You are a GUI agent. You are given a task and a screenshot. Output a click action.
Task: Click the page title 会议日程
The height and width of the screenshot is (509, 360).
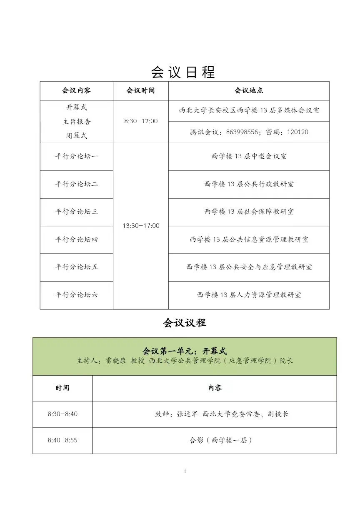coord(183,72)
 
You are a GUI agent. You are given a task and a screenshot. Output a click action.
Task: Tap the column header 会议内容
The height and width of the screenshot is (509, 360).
coord(76,90)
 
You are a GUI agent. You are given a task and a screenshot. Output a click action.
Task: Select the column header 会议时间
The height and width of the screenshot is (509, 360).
coord(141,90)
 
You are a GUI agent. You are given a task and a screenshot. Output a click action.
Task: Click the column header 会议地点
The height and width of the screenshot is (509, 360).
coord(249,90)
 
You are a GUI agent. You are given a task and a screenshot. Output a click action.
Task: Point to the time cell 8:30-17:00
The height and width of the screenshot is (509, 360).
coord(141,121)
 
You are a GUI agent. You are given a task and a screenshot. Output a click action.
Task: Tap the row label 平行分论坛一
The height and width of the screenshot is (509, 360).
coord(76,156)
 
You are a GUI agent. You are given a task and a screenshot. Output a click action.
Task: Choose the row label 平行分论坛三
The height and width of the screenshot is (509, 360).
coord(76,212)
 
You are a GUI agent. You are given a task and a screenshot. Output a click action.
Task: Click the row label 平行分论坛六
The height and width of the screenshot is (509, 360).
coord(76,295)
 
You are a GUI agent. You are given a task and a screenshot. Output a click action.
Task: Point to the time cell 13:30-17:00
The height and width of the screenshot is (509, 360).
coord(141,226)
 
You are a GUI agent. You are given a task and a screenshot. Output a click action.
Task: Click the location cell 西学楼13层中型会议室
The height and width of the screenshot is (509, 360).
coord(249,156)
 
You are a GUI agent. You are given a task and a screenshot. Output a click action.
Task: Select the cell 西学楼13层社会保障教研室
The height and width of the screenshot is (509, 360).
coord(249,212)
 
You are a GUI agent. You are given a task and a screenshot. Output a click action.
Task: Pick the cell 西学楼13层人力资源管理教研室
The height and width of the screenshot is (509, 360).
coord(249,295)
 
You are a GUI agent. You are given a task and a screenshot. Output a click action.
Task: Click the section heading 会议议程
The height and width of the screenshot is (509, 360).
coord(185,323)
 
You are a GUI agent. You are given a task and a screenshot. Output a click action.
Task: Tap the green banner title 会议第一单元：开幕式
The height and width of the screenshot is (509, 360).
coord(185,351)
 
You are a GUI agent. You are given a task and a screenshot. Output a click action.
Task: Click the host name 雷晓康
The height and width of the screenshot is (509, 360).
coord(114,361)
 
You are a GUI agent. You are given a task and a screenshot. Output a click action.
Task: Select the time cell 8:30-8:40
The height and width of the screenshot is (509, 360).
coord(62,414)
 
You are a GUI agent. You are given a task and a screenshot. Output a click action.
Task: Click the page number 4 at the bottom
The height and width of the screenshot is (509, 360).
coord(185,472)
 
